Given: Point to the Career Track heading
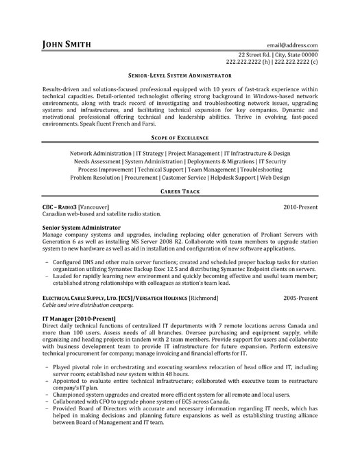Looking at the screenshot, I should click(180, 194).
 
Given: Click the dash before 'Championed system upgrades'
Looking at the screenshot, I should click(47, 415).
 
